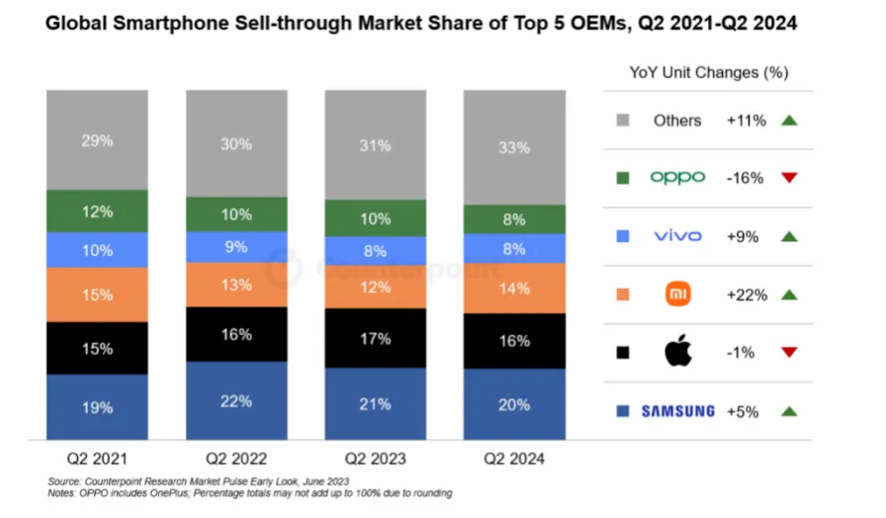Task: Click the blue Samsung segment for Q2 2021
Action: (97, 406)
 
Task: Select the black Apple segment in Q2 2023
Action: (376, 339)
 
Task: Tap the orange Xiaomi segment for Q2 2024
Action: (514, 289)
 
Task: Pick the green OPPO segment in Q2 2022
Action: (236, 215)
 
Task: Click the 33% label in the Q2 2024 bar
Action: (514, 148)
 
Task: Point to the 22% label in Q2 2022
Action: (236, 400)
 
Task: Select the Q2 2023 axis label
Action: (376, 460)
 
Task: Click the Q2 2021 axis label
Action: (97, 460)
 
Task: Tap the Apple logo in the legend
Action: (678, 352)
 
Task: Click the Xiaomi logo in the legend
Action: (678, 294)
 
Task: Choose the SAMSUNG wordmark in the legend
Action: (678, 411)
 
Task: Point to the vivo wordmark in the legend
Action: (678, 235)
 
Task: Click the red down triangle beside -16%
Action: (788, 178)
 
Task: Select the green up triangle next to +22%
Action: (788, 295)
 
